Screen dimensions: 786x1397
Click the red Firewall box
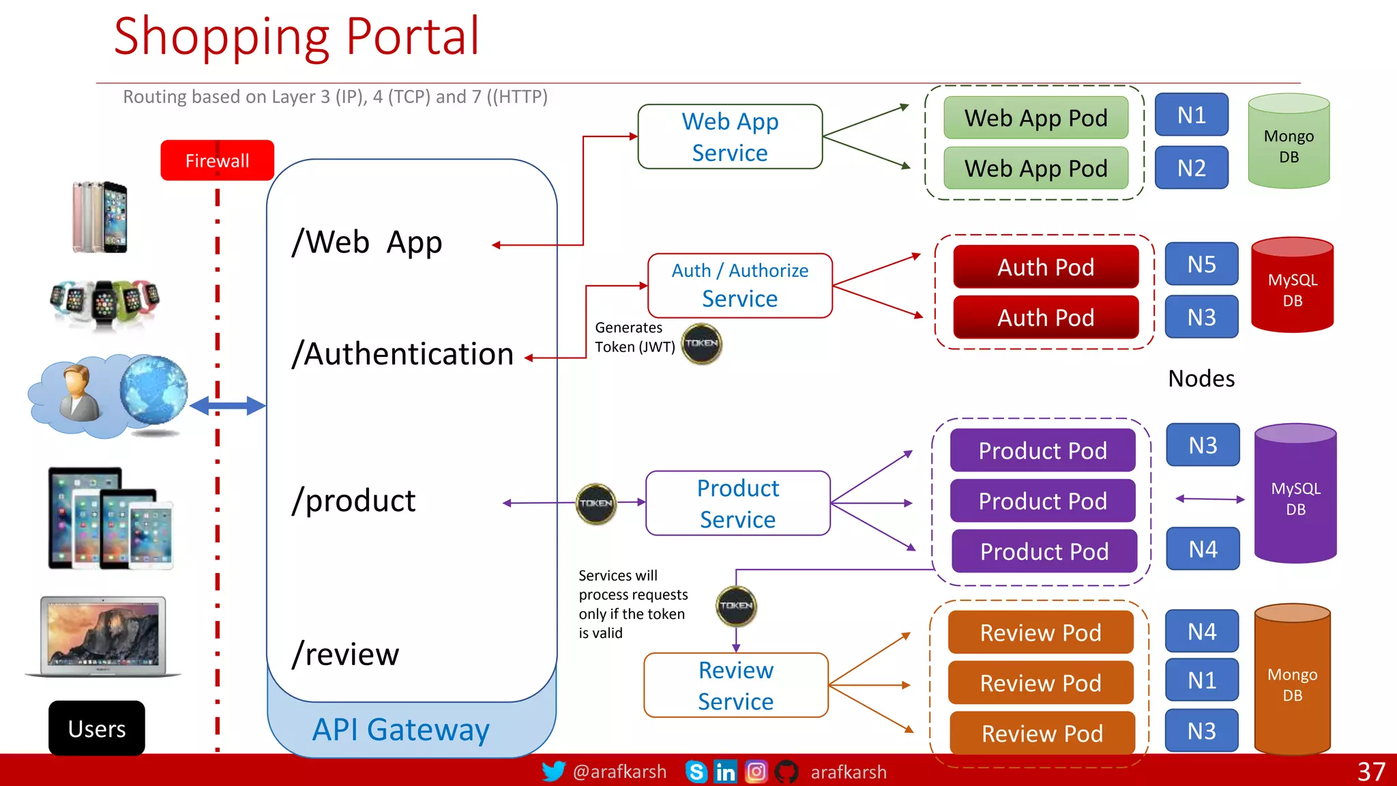[x=217, y=160]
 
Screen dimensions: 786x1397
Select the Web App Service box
[x=730, y=136]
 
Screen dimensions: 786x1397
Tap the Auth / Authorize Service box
[x=739, y=285]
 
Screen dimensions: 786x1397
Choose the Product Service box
[x=737, y=504]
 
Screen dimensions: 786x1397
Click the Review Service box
[x=735, y=685]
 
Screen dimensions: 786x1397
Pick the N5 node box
[x=1201, y=264]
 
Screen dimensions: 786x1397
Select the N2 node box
[x=1191, y=168]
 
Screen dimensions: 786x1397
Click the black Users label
[x=97, y=728]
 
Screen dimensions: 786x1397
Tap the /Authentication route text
[x=402, y=354]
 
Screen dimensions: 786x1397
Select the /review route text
[x=345, y=654]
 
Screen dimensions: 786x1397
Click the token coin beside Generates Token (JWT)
[x=701, y=343]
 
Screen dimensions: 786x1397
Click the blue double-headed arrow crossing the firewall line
[x=227, y=406]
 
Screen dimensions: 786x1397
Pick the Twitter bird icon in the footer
[x=553, y=771]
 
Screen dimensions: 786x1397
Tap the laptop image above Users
[x=103, y=636]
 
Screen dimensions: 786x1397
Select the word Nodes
[x=1201, y=379]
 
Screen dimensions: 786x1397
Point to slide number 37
[x=1370, y=772]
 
